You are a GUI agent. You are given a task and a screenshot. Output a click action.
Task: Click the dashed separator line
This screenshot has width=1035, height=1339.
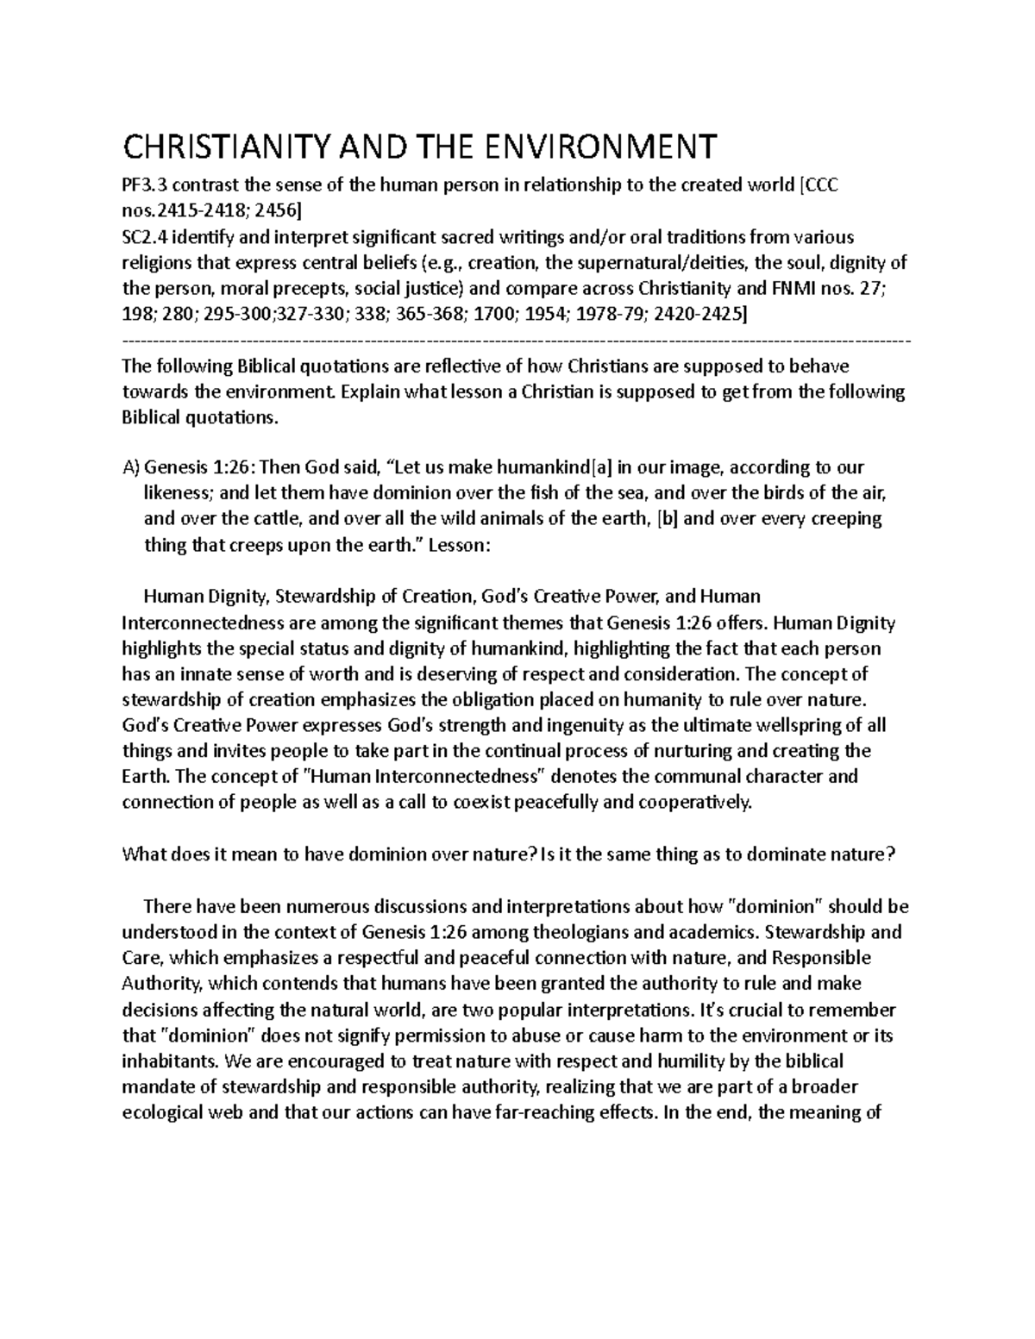point(517,341)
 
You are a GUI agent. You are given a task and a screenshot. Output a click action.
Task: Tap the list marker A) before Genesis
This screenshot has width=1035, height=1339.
point(131,467)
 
